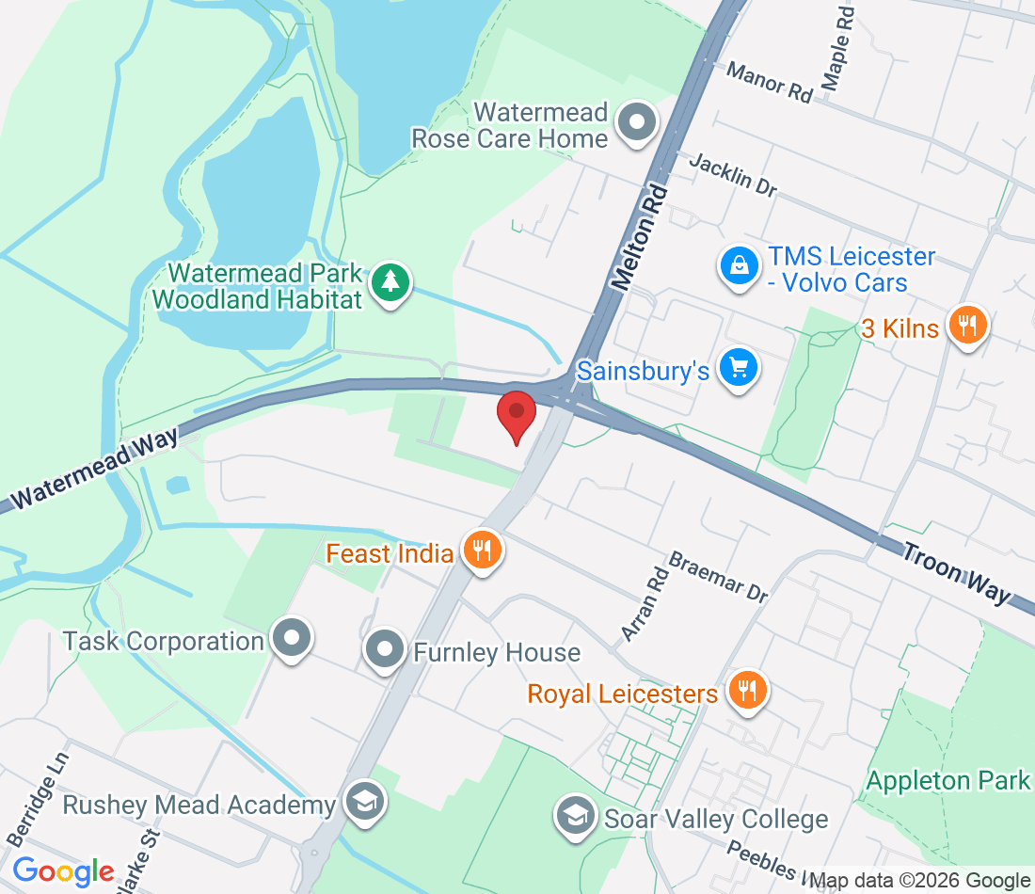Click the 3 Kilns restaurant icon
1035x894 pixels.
click(x=966, y=326)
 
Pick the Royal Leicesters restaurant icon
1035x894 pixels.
click(x=747, y=692)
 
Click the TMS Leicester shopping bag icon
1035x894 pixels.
click(x=740, y=266)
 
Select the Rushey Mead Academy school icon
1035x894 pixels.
click(x=361, y=802)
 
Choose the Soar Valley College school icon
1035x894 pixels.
click(x=574, y=814)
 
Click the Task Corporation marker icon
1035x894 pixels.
click(x=291, y=639)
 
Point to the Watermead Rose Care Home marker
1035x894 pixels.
click(x=637, y=123)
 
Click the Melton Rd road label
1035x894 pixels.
click(x=641, y=237)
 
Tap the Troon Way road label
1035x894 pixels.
click(x=956, y=572)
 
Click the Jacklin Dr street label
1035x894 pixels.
click(x=733, y=175)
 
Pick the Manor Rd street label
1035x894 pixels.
click(x=770, y=82)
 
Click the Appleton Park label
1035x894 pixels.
click(x=947, y=780)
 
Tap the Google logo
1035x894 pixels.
click(x=63, y=870)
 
